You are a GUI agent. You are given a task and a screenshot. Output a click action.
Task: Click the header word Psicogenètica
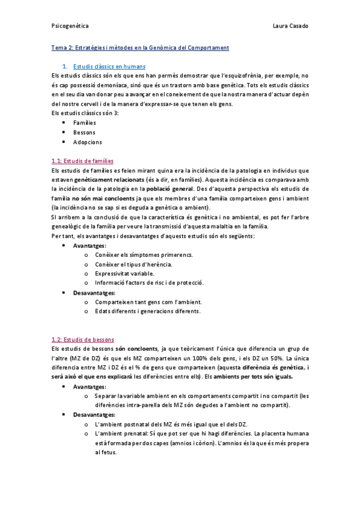tap(70, 26)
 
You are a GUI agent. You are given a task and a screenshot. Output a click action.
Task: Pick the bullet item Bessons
tap(84, 132)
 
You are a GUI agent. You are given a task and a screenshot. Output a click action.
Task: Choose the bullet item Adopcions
tap(87, 142)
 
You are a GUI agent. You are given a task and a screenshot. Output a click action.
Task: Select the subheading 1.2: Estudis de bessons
tap(83, 339)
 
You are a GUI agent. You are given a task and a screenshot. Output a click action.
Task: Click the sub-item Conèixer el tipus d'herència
tap(133, 264)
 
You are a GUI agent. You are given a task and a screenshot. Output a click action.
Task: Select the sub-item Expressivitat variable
tap(124, 273)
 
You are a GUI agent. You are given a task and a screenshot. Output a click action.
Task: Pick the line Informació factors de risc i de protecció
tap(148, 283)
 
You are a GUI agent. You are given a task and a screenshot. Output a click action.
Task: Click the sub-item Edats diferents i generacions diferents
tap(147, 311)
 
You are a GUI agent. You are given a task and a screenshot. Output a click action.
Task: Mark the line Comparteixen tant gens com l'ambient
tap(148, 302)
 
